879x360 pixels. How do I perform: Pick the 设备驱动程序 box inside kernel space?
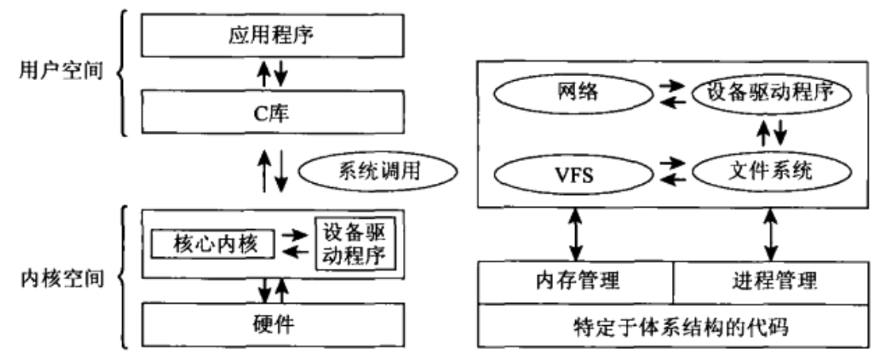coord(355,243)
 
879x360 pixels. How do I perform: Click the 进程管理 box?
coord(770,281)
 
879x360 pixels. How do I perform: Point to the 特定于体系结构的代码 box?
coord(672,327)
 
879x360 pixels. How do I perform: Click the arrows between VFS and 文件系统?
coord(674,173)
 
